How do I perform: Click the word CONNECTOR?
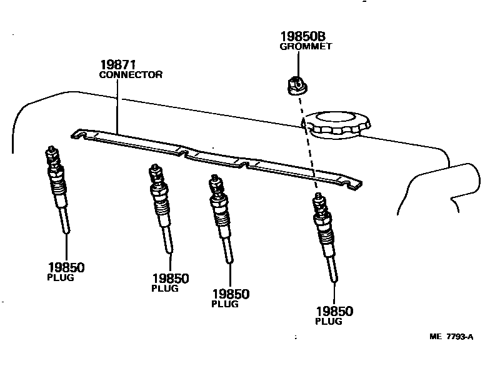point(131,74)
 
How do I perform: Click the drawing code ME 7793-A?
point(451,337)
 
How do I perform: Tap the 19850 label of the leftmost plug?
point(66,267)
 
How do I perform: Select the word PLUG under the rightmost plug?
point(329,322)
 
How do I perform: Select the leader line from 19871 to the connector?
point(117,106)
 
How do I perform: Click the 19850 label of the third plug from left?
point(230,294)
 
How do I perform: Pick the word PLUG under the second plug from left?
point(165,289)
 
